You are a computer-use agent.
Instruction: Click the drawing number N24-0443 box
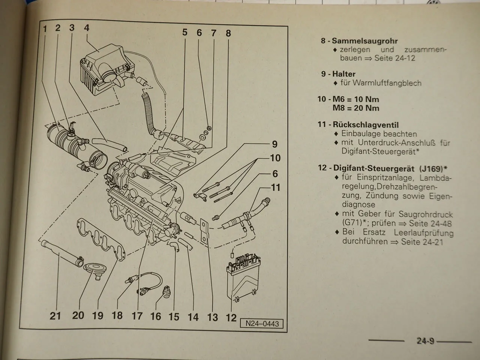coord(262,323)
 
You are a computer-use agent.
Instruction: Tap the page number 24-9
coord(425,341)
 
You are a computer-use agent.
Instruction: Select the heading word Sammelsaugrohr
coord(364,41)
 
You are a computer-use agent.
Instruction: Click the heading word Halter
coord(343,74)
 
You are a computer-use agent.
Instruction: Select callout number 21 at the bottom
coord(55,315)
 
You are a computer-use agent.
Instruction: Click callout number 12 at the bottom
coord(231,317)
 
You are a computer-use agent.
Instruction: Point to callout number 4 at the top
coord(87,28)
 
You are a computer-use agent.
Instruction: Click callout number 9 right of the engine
coord(274,144)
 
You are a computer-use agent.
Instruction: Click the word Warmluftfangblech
coord(381,83)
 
